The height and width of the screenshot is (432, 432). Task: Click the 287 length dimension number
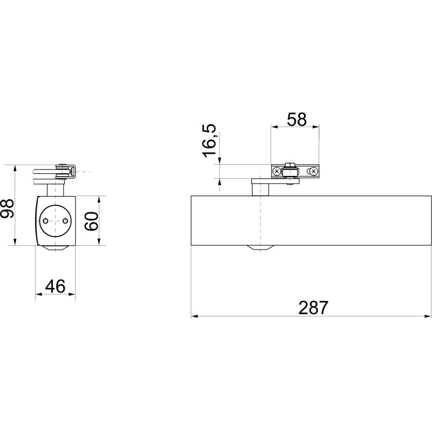point(313,307)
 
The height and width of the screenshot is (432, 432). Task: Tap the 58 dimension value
point(296,119)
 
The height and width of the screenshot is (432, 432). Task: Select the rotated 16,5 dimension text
point(210,141)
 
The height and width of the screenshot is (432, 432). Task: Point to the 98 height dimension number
point(7,208)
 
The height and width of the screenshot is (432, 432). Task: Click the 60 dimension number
point(91,221)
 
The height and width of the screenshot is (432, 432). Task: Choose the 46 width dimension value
point(55,286)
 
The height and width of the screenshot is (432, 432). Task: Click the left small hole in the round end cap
point(45,221)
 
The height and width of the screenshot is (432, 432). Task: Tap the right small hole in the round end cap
point(65,221)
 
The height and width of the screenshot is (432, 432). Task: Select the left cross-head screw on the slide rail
point(276,172)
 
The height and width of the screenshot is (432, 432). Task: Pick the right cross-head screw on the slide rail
point(314,172)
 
